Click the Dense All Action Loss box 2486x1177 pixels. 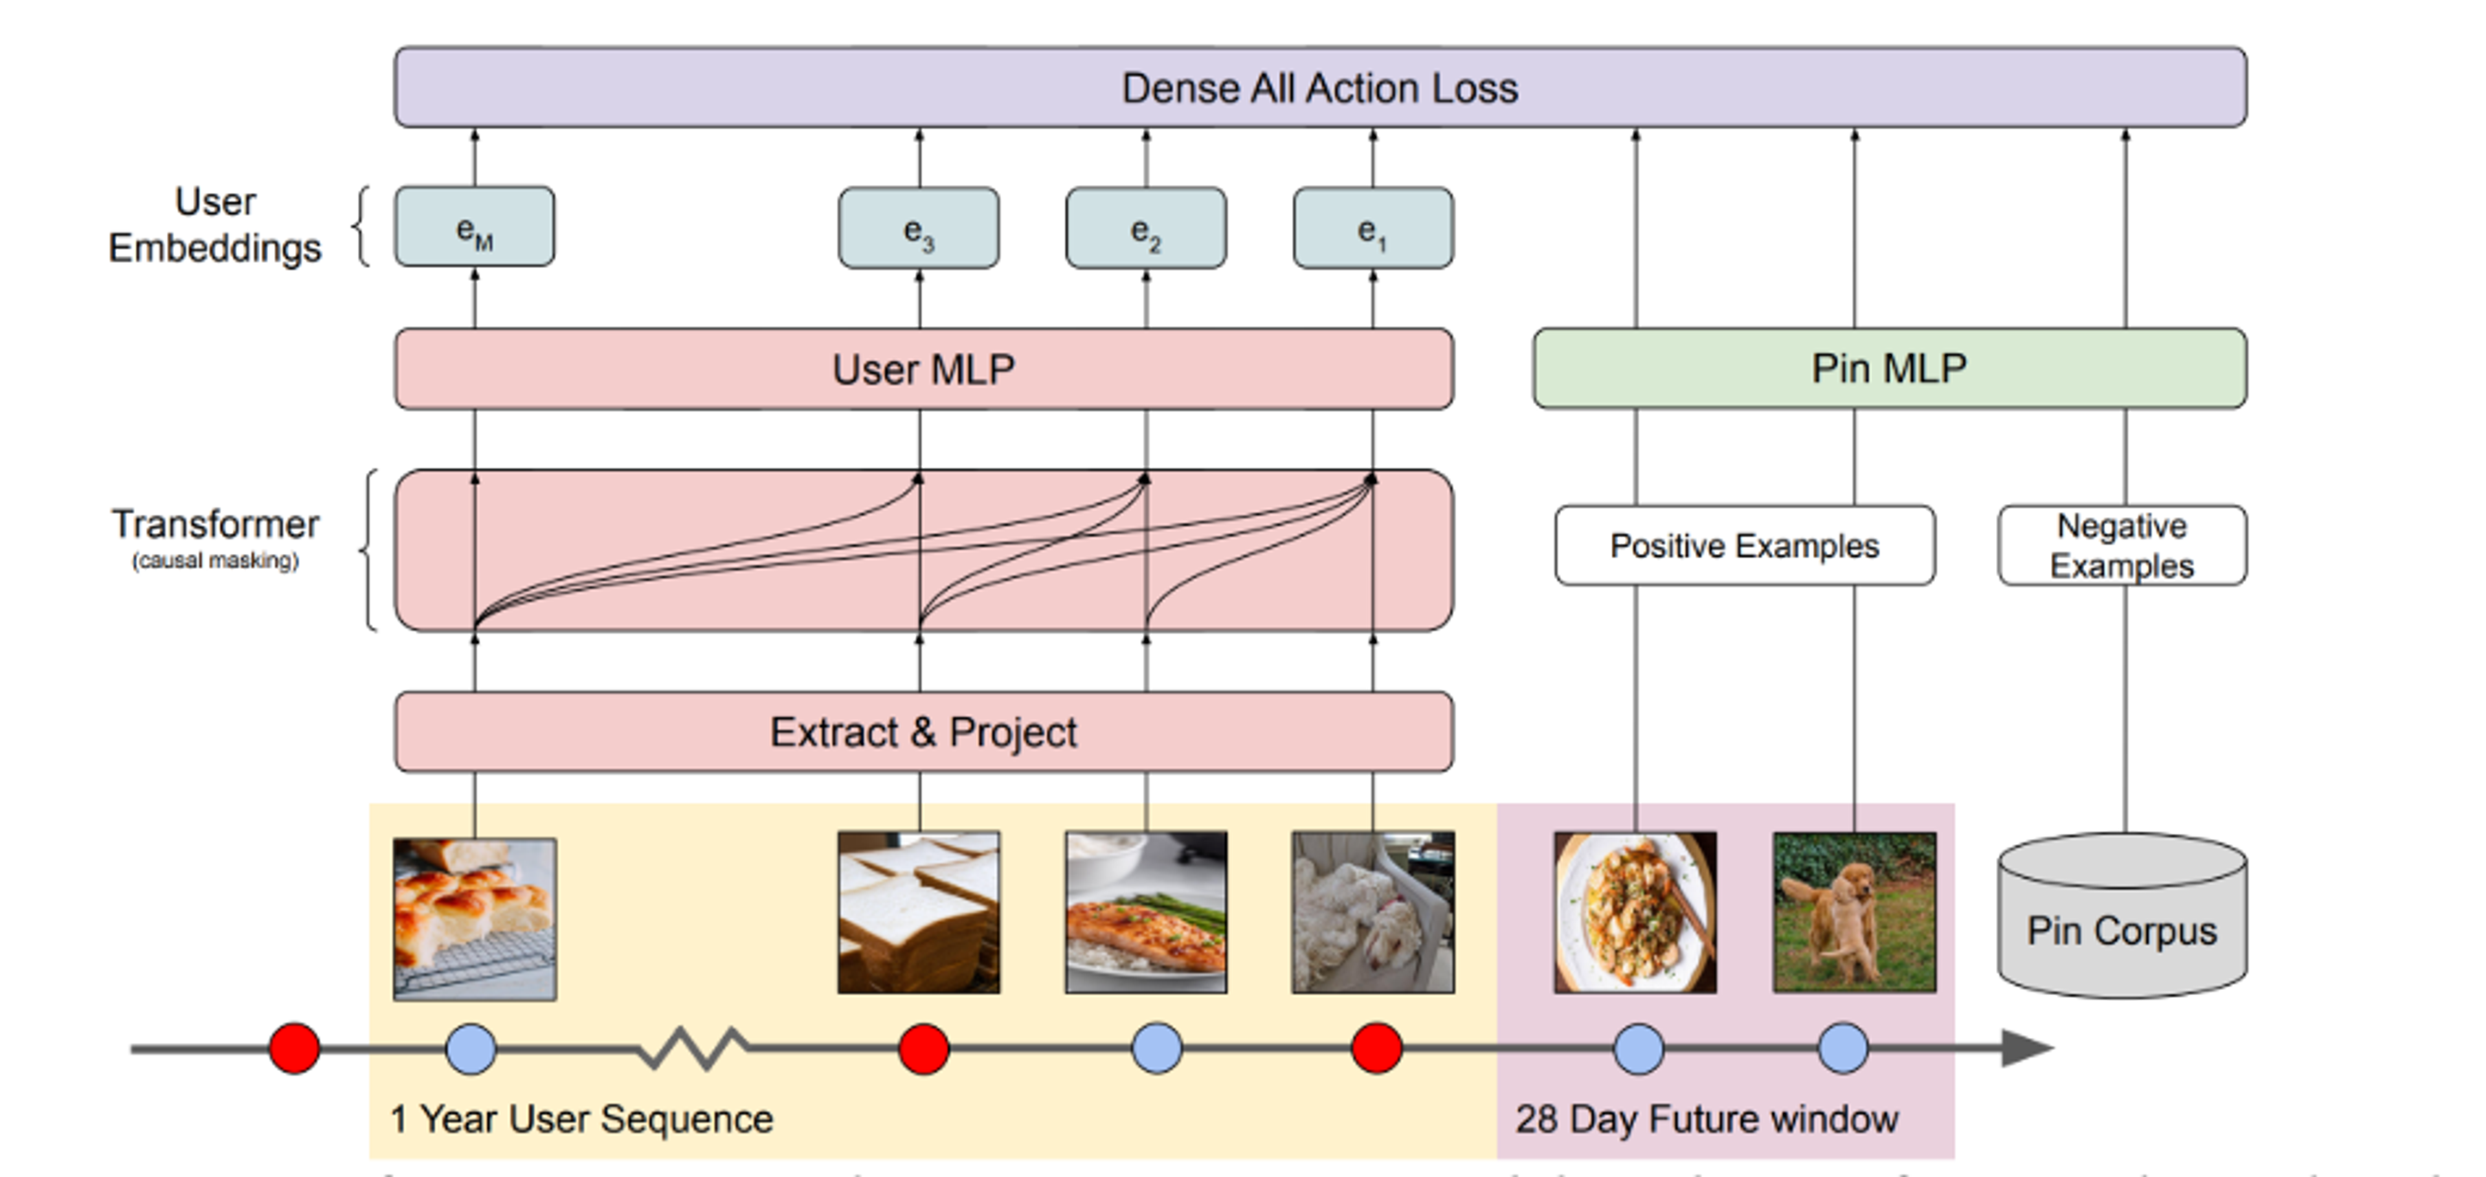(1319, 88)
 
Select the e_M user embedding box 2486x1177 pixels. (474, 228)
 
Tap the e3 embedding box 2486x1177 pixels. (918, 228)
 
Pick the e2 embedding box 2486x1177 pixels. (1145, 228)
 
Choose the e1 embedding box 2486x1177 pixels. (1372, 228)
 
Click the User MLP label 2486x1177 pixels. (924, 369)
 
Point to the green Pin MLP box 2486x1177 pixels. (1888, 369)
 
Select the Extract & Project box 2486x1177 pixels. (924, 731)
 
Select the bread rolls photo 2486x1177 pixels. (474, 918)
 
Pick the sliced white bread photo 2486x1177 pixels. (918, 912)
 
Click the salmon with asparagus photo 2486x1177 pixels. (1145, 912)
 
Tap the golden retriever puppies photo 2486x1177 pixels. (1854, 912)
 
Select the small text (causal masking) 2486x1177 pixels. (215, 560)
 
